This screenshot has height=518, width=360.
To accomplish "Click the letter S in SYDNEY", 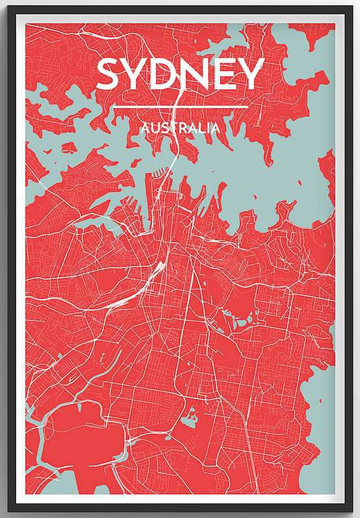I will tap(109, 74).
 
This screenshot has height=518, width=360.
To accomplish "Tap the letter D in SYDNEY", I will tap(163, 74).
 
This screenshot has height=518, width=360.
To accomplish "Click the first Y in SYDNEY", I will tap(135, 74).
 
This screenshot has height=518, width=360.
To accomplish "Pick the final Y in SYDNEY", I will tap(251, 74).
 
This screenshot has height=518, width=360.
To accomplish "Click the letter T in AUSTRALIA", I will tap(172, 127).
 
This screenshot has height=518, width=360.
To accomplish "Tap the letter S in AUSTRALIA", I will tap(164, 127).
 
